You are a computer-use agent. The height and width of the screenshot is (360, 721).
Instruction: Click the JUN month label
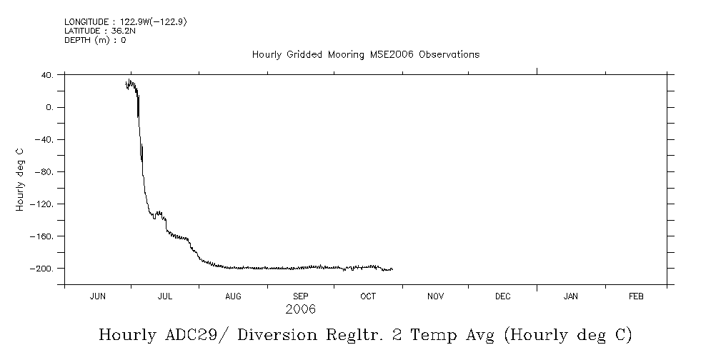[x=98, y=296]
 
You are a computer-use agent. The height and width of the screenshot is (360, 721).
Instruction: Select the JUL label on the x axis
[x=165, y=296]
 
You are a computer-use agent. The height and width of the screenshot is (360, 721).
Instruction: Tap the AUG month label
[x=233, y=296]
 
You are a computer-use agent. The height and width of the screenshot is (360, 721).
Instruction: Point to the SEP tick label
[x=301, y=296]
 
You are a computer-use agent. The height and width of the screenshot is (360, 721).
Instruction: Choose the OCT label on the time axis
[x=368, y=296]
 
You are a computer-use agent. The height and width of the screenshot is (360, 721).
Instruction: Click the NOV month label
[x=435, y=296]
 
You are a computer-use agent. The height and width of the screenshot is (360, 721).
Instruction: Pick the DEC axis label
[x=502, y=296]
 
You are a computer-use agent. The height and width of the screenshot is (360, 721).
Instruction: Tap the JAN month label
[x=570, y=296]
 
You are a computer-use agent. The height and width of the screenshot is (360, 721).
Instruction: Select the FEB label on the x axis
[x=635, y=296]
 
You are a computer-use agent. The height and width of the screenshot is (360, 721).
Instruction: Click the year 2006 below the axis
[x=300, y=309]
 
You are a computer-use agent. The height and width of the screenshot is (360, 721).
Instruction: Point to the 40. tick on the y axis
[x=47, y=75]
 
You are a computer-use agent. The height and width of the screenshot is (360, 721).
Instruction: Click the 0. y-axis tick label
[x=50, y=107]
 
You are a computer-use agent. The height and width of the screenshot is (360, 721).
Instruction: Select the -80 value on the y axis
[x=45, y=171]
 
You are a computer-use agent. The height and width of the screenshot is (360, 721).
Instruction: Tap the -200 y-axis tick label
[x=43, y=269]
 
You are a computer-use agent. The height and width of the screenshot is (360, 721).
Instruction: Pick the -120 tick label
[x=43, y=204]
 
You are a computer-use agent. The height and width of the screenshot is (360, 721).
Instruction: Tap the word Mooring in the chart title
[x=344, y=55]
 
